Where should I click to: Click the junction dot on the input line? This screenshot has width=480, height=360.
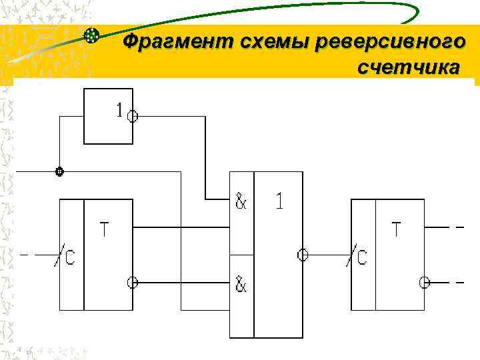coord(59,171)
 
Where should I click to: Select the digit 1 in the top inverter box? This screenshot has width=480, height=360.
coord(119,111)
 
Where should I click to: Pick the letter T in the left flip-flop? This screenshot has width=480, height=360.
coord(105,230)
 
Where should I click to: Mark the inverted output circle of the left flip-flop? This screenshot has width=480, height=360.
coord(133,282)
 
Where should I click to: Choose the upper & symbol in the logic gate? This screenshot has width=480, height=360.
coord(241,201)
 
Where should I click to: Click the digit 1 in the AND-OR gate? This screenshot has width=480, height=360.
coord(279,201)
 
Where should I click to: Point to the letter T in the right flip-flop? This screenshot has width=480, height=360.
coord(396,230)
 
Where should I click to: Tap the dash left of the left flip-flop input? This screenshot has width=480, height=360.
coord(25,255)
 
